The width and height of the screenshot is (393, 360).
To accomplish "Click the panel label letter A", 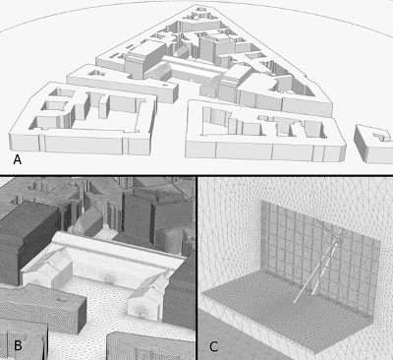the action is (18, 160).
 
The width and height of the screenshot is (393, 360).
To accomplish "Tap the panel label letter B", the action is (18, 345).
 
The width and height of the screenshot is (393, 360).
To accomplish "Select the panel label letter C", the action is (214, 346).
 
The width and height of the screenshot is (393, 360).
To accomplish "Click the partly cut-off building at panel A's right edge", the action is (373, 144).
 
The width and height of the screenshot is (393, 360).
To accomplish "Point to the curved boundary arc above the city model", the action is (196, 3).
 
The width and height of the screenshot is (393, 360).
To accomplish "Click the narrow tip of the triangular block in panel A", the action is (198, 7).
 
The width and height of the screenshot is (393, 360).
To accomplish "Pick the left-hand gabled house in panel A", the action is (158, 72).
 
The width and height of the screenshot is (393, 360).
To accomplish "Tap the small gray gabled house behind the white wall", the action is (88, 221).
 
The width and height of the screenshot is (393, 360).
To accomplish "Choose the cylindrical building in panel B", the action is (169, 240).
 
